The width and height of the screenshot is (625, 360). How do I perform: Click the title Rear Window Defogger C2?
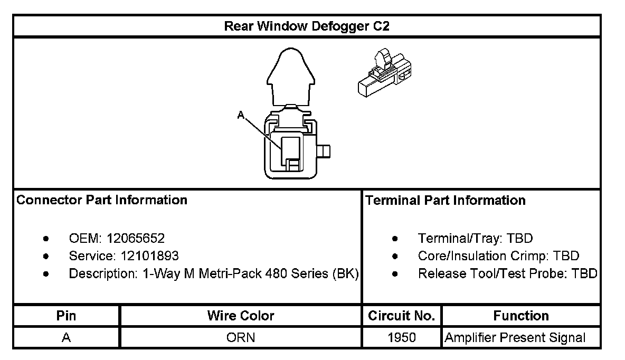click(x=307, y=26)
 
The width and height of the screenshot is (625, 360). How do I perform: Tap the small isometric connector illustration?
click(x=384, y=74)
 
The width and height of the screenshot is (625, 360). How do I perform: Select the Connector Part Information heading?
click(x=102, y=201)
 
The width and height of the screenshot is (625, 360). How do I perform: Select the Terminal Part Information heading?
click(x=445, y=201)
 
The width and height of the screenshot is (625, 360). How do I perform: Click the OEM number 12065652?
click(x=136, y=239)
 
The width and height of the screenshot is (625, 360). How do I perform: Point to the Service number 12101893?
click(x=149, y=256)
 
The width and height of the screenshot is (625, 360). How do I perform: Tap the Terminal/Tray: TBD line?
click(x=475, y=239)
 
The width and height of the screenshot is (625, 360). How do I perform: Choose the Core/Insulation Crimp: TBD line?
click(x=498, y=256)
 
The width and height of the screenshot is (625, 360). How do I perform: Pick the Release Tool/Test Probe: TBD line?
click(x=507, y=274)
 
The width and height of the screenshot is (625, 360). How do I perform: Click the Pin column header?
click(x=67, y=316)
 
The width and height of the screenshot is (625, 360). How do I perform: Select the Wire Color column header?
click(x=241, y=316)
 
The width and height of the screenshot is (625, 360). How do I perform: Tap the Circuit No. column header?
click(x=401, y=316)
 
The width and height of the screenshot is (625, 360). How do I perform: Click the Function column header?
click(x=521, y=316)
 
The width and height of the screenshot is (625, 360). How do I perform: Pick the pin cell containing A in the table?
click(x=67, y=337)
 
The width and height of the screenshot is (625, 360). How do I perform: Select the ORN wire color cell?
click(x=241, y=337)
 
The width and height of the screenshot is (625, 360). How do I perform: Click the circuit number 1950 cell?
click(x=401, y=337)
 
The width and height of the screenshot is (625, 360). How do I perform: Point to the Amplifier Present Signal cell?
click(x=515, y=337)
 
